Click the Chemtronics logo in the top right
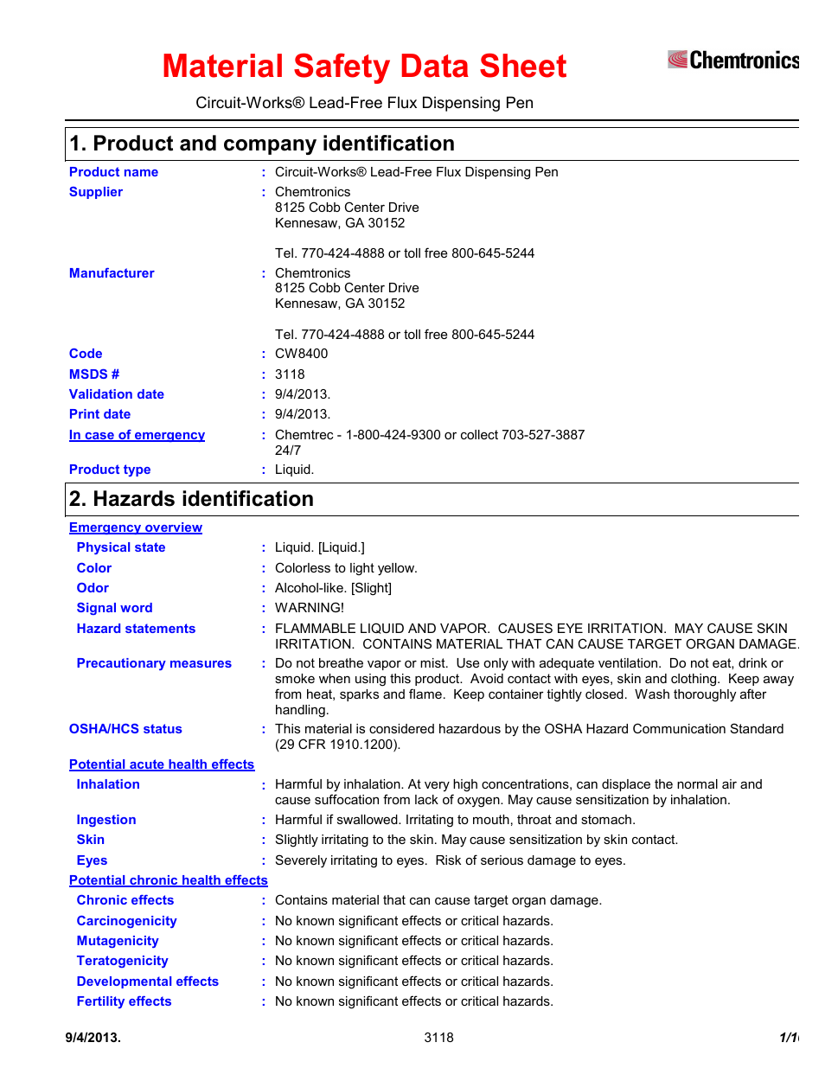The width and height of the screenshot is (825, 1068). coord(732,60)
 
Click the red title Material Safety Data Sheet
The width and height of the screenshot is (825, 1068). coord(364,67)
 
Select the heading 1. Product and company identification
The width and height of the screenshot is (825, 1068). coord(262,144)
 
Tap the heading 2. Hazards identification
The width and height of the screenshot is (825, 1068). coord(191,499)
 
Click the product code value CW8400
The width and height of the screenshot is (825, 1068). coord(301,354)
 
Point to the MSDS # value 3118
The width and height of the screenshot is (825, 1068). coord(290,374)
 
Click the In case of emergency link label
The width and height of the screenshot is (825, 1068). coord(137,435)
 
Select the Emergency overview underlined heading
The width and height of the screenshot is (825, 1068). coord(136,528)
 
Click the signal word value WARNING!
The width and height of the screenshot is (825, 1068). coord(309,608)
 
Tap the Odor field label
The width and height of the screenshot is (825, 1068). coord(93,588)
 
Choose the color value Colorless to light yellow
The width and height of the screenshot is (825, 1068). coord(346,568)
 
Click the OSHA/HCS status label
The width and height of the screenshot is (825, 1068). coord(125,729)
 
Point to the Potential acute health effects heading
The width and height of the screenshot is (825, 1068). coord(162,764)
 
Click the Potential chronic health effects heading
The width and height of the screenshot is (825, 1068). coord(169,880)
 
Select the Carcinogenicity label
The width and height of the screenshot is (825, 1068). coord(126,921)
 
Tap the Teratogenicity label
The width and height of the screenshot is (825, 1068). coord(122,961)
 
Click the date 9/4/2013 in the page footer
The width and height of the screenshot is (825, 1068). coord(93,1038)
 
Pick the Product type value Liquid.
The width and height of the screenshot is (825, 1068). coord(294,470)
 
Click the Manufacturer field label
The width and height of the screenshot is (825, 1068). coord(112,273)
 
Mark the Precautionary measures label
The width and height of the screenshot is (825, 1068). coord(154,663)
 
